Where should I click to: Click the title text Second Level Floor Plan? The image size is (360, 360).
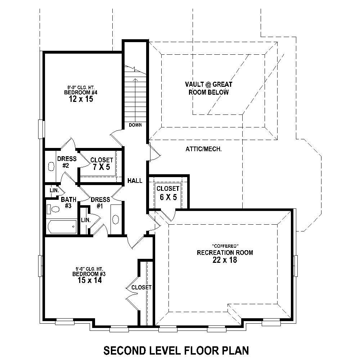point(176,350)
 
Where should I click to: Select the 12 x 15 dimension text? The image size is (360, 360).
point(81,99)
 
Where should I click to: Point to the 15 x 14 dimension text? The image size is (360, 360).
point(89,280)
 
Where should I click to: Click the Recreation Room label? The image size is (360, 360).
point(225,253)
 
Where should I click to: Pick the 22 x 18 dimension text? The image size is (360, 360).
point(225,260)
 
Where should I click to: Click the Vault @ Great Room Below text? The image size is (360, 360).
point(209,88)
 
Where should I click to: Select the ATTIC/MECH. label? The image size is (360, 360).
point(203,149)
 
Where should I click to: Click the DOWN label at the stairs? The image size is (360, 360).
point(135,125)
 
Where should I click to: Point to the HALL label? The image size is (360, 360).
point(135,181)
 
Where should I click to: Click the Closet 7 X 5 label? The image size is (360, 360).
point(102,163)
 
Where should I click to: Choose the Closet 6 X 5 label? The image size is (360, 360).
point(167,193)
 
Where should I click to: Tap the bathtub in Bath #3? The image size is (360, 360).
point(62,227)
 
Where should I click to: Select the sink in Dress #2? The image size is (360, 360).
point(51,167)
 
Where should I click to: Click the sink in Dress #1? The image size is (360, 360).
point(116,219)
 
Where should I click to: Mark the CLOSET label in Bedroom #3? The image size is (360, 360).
point(141,287)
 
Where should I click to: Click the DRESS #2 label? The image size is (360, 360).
point(66,162)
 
